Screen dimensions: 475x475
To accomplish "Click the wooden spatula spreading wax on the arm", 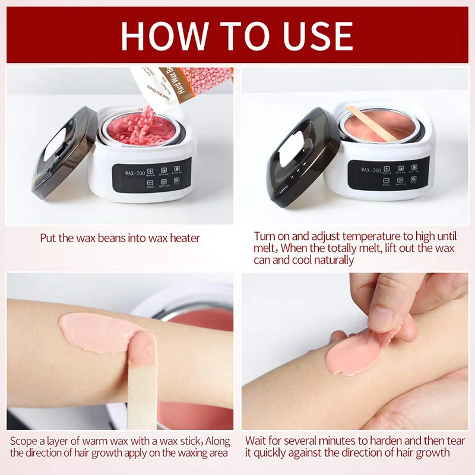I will click(142, 380).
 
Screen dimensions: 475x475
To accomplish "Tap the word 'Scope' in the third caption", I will click(24, 442).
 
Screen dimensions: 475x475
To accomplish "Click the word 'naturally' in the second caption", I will click(330, 260).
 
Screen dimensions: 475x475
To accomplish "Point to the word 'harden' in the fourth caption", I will click(381, 442).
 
